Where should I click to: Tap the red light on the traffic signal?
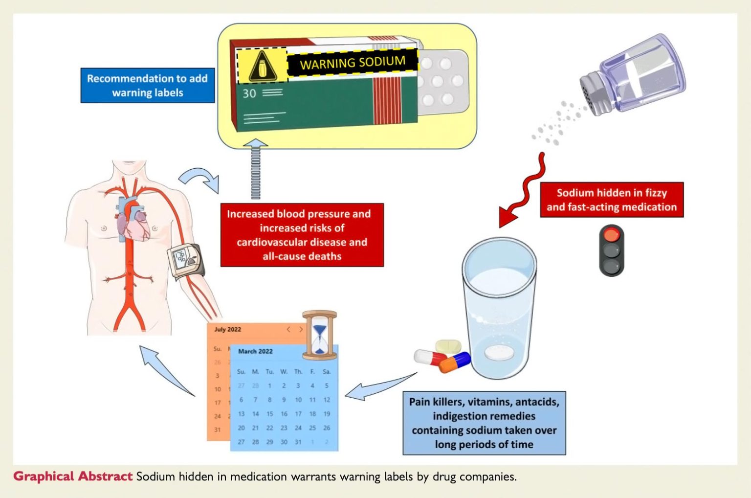coord(611,235)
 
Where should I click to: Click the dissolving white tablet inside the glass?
coord(499,352)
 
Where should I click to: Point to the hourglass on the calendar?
coord(319,333)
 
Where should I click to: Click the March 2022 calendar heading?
coord(255,351)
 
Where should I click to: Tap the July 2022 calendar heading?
coord(227,329)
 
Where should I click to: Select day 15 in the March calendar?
coord(269,414)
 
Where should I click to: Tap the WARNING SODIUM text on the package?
coord(352,63)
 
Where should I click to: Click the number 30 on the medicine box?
coord(249,93)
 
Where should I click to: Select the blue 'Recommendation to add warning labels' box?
coord(147,86)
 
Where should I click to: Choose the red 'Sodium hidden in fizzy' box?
coord(611,200)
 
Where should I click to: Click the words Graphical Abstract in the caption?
coord(72,476)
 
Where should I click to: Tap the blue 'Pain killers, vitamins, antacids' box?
coord(484,423)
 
